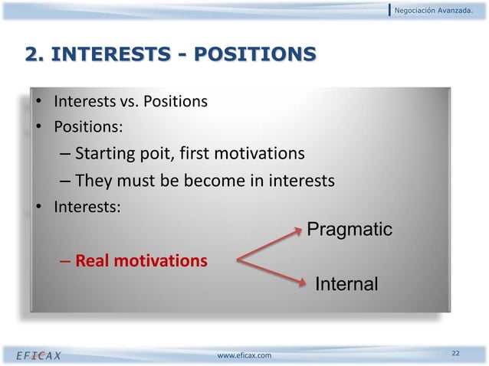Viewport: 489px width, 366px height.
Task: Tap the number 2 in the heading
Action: (x=33, y=54)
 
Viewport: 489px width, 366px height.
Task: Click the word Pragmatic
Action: (x=349, y=230)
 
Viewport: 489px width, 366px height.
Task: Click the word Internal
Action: (x=346, y=285)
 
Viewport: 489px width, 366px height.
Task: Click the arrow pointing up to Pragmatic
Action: (x=268, y=243)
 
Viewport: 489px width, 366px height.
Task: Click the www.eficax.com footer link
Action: (x=244, y=355)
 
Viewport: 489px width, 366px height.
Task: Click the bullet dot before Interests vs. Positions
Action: (x=35, y=102)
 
